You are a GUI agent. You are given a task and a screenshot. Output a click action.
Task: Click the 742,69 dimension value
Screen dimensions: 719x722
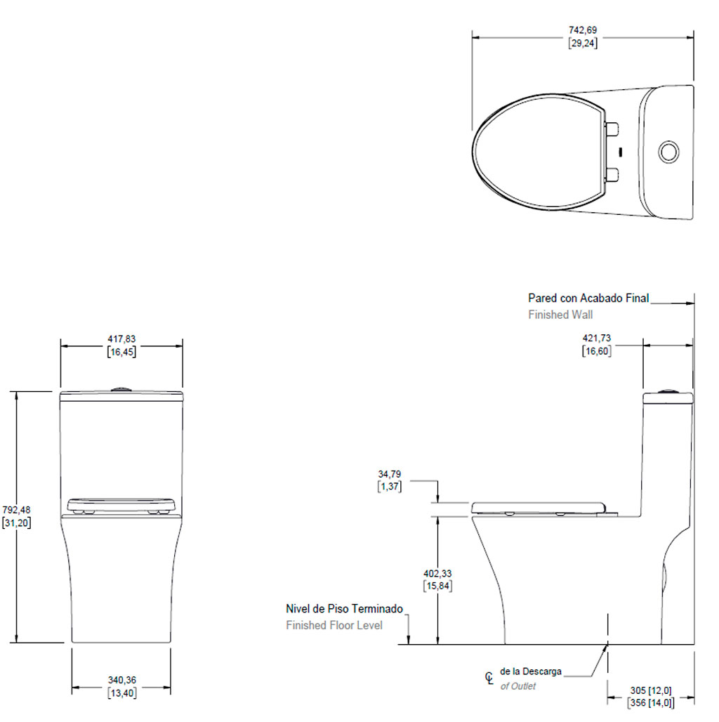click(583, 30)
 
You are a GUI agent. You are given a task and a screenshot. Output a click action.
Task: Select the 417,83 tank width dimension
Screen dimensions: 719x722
click(121, 339)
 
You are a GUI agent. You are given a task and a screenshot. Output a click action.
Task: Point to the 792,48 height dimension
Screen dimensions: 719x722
click(16, 510)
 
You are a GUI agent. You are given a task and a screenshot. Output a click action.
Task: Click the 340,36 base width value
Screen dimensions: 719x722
click(122, 680)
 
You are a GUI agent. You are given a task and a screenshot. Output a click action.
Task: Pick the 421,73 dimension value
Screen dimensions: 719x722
click(597, 339)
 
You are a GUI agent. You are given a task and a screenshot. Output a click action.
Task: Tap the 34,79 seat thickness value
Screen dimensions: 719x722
click(390, 474)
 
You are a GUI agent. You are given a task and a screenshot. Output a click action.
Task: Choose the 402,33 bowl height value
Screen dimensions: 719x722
click(437, 574)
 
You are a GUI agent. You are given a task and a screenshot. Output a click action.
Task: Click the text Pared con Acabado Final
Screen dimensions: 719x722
click(588, 298)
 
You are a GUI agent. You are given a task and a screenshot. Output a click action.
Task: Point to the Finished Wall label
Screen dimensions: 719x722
click(560, 315)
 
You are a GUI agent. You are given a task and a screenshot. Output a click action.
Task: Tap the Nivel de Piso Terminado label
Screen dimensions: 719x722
click(344, 609)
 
